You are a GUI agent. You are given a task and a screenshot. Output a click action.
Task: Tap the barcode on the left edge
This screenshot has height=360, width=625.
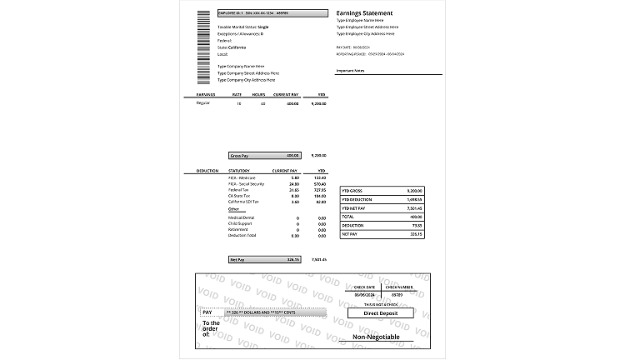pos(203,48)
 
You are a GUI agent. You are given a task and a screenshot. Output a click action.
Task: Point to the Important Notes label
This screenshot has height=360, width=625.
pos(351,71)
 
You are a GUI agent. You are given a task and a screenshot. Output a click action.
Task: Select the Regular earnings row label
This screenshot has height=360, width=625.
pos(202,103)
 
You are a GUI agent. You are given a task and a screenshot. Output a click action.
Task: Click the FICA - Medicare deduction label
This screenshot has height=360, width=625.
pos(242,177)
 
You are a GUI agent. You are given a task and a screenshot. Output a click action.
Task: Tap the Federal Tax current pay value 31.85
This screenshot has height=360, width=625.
pos(294,189)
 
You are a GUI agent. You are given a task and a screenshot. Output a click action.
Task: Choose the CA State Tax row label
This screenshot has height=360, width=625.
pos(241,195)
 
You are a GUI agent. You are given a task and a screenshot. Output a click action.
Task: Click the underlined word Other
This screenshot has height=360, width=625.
pos(233,208)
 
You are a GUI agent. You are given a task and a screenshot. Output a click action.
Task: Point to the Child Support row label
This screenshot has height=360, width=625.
pos(240,223)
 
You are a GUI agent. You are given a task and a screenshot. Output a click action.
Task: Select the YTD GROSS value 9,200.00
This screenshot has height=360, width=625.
pos(414,190)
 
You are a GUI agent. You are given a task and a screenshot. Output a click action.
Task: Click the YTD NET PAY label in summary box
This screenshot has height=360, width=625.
pos(354,207)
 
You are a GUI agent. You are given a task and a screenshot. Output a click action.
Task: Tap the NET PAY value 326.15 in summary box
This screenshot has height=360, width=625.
pos(416,234)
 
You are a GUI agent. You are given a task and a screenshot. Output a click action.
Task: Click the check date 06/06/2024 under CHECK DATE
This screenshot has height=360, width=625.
pos(364,295)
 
